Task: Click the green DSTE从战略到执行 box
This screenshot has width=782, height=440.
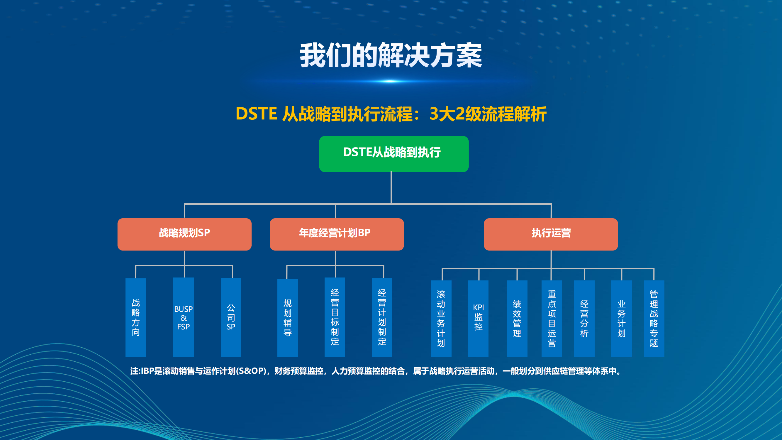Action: coord(394,154)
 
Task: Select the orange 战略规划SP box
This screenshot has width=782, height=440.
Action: coord(184,234)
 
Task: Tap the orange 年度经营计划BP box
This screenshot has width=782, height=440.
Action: coord(337,234)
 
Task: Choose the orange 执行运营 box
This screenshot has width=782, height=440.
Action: coord(551,234)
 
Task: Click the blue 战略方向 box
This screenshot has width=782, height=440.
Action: coord(136,317)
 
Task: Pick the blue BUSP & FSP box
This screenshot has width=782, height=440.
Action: coord(184,317)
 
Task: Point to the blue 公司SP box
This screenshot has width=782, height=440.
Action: coord(231,317)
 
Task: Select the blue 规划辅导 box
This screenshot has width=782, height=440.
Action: coord(287,318)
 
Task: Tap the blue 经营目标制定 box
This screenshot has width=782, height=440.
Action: coord(335,317)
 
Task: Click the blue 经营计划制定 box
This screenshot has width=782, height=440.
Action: coord(382,317)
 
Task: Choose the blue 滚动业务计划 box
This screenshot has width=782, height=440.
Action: coord(441,319)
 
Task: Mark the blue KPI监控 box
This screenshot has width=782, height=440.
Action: coord(478,319)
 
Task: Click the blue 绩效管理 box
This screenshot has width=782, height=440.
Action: coord(517,319)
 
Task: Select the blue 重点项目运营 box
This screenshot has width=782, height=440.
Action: coord(552,319)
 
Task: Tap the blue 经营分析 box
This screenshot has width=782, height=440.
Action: coord(584,319)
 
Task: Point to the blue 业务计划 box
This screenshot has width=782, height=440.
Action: coord(621,319)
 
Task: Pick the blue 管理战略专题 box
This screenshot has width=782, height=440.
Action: coord(654,319)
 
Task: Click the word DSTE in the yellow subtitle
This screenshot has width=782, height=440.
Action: coord(256,114)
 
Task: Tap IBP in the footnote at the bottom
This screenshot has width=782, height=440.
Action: coord(147,371)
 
